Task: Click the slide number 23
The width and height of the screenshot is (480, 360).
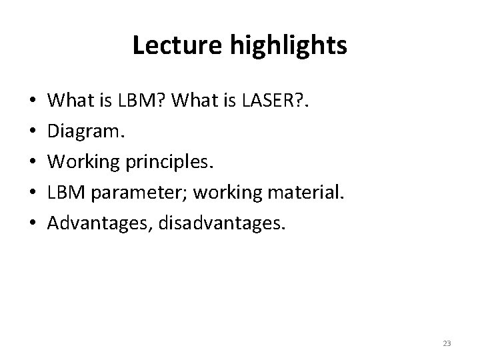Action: pyautogui.click(x=447, y=343)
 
